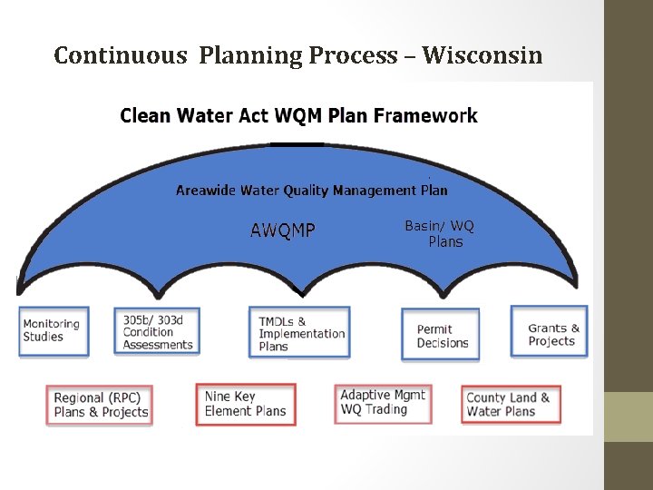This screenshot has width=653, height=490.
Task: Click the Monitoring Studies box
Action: [x=54, y=331]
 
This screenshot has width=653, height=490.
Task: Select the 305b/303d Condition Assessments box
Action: [x=157, y=330]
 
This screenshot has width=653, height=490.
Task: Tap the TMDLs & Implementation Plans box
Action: [x=299, y=333]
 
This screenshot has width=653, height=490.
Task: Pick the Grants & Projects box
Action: [x=551, y=333]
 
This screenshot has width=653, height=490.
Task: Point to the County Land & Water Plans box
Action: [x=510, y=404]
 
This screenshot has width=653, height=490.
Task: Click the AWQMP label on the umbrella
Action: [x=283, y=230]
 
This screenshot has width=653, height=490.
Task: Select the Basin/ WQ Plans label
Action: [x=441, y=234]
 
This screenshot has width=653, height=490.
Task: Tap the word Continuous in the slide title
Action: [x=121, y=56]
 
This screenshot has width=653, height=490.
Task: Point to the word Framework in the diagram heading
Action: [x=425, y=115]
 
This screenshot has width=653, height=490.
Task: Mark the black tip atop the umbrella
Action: [x=297, y=143]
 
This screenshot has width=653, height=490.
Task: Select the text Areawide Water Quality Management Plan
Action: [x=311, y=191]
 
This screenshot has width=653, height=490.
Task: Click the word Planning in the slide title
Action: [x=250, y=56]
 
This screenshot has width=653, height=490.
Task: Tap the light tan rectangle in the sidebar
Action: [x=628, y=416]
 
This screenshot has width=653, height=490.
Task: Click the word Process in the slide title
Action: [x=353, y=56]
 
